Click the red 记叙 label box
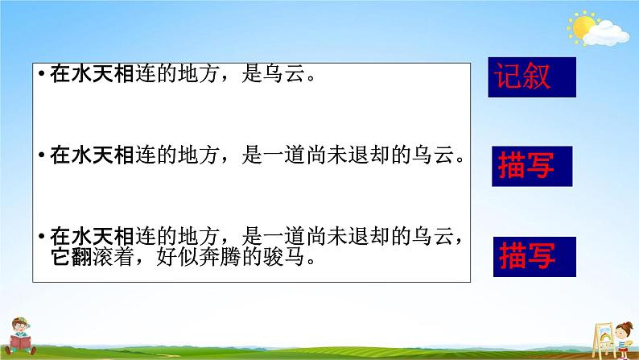click(532, 77)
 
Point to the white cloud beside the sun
click(608, 32)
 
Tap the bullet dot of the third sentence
click(41, 236)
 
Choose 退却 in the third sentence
click(375, 237)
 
